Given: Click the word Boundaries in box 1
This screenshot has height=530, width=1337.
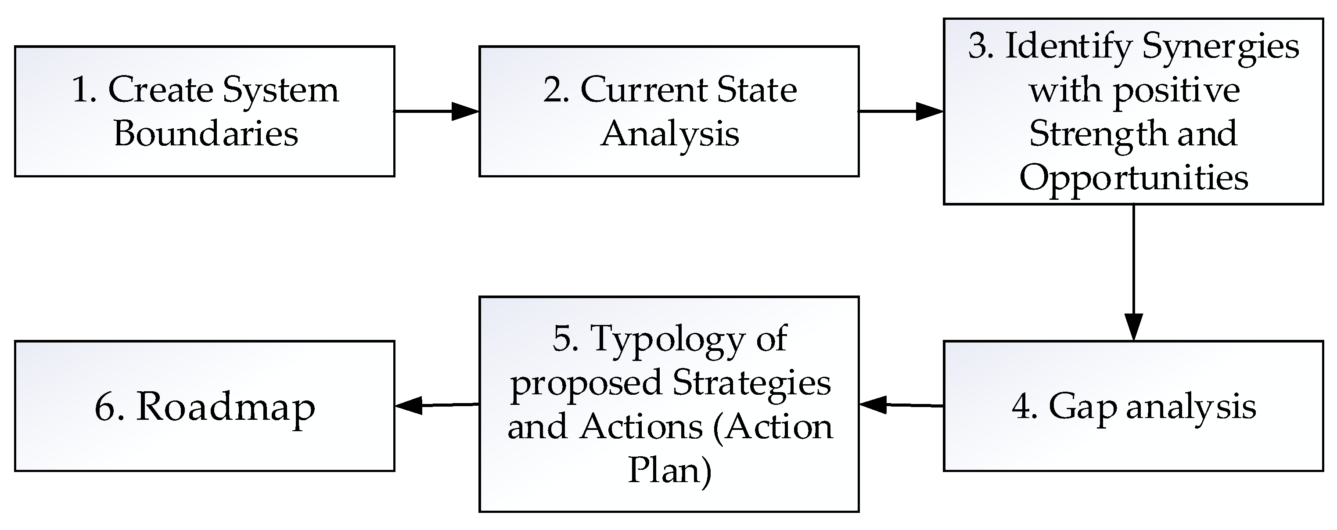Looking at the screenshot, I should (x=206, y=134).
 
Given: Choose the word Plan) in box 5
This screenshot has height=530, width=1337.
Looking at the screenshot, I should (x=669, y=471).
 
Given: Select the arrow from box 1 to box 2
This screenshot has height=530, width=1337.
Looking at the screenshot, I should (x=436, y=111).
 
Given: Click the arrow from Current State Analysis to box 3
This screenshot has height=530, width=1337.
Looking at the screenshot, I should (x=901, y=111).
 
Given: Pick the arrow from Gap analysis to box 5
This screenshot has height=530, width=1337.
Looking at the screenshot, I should (x=901, y=405).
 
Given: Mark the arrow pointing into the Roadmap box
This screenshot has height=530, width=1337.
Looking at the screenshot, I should (x=436, y=405).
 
